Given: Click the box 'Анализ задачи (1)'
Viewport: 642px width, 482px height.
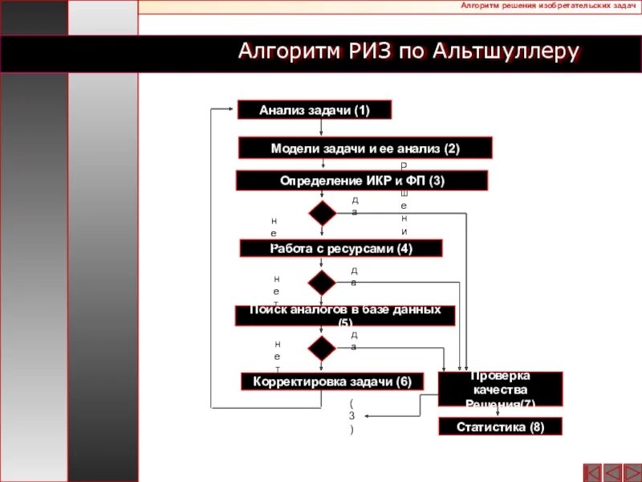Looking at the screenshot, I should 315,110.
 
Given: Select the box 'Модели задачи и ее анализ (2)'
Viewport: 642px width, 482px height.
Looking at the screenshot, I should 365,149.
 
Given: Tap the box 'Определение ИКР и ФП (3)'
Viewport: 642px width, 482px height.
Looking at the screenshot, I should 361,181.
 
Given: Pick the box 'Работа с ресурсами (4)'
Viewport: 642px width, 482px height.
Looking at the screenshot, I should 341,248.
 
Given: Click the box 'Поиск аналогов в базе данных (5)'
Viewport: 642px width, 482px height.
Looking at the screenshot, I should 345,315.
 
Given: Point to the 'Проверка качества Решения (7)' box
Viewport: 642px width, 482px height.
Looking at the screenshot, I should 499,389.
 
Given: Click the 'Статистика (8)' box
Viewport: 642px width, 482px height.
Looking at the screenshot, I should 500,427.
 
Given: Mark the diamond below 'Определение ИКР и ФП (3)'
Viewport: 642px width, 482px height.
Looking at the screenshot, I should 322,213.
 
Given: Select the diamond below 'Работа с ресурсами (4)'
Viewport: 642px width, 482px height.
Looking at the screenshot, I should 322,282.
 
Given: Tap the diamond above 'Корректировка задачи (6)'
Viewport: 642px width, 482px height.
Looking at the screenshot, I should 322,348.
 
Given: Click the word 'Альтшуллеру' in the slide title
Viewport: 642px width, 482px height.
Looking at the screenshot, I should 506,53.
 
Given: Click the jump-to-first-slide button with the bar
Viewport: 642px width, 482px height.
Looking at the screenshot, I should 592,472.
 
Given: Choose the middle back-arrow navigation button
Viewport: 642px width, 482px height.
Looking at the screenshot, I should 612,472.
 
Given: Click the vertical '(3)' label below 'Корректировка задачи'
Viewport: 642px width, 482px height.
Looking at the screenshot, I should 351,416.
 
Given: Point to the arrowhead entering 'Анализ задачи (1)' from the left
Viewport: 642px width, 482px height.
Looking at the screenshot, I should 234,110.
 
